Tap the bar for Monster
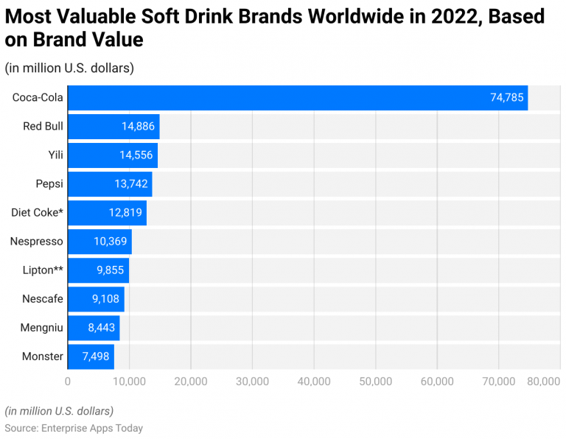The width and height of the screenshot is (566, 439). (91, 357)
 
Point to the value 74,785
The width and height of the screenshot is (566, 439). (507, 98)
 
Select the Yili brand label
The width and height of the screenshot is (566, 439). (54, 155)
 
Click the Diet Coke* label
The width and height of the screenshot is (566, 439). (37, 213)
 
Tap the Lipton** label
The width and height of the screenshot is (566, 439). (43, 270)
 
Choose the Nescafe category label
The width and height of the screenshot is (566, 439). (42, 299)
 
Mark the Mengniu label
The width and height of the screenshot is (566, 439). (41, 328)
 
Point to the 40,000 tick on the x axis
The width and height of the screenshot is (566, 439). (314, 381)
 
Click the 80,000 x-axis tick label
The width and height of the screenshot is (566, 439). (545, 381)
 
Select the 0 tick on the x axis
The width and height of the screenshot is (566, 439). (68, 381)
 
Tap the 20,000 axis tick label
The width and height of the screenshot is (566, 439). (191, 381)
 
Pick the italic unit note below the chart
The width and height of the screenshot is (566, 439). (59, 410)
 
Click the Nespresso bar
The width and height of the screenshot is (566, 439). (99, 242)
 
